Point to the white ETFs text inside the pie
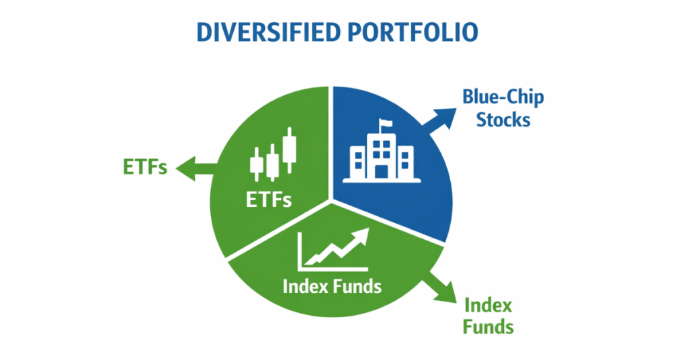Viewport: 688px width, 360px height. pyautogui.click(x=269, y=199)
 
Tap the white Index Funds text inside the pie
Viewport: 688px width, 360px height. pyautogui.click(x=332, y=285)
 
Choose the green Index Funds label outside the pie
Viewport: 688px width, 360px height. pyautogui.click(x=488, y=316)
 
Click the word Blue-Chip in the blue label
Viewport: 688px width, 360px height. pyautogui.click(x=503, y=97)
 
